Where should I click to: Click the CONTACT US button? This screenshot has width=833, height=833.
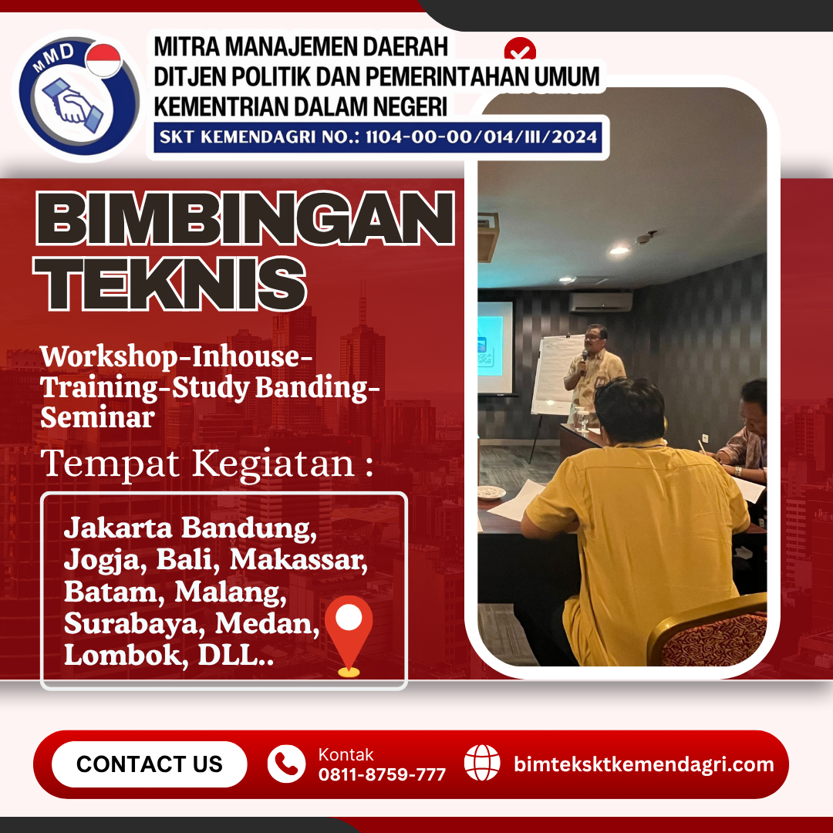tap(150, 764)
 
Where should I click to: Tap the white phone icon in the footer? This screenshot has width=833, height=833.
tap(286, 764)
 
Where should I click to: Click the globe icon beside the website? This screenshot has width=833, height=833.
tap(482, 763)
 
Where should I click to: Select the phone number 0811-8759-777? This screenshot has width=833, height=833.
tap(382, 774)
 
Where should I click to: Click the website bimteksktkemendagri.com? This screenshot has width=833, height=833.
tap(644, 764)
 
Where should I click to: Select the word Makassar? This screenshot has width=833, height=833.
tap(298, 560)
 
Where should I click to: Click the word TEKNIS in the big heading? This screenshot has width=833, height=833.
tap(170, 284)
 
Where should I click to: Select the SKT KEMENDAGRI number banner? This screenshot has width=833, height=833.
tap(378, 137)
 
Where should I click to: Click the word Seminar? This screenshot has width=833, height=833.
tap(98, 417)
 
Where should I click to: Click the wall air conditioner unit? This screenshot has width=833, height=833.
tap(601, 302)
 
